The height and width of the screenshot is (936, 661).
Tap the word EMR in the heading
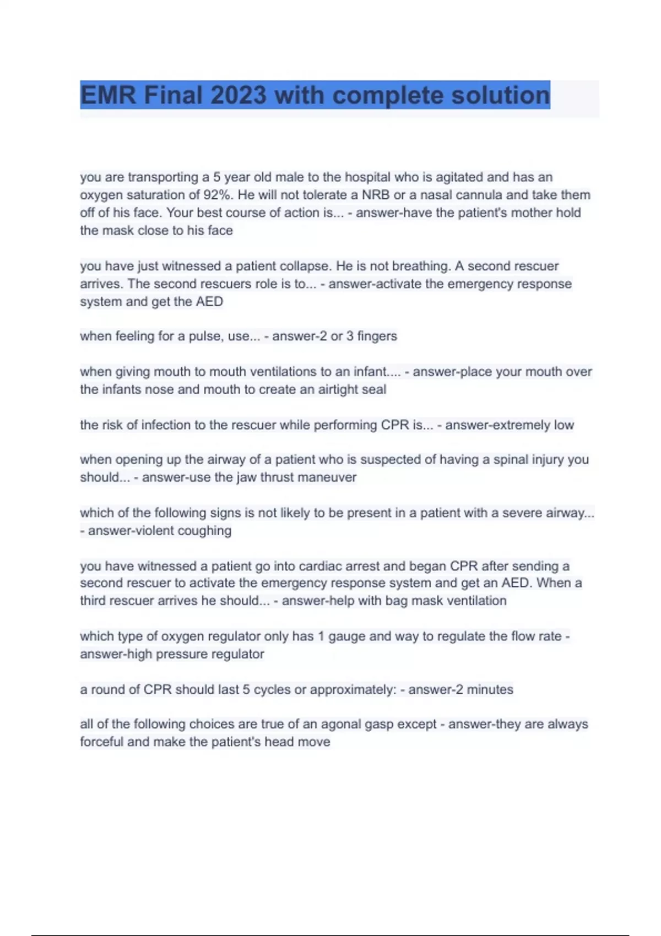pyautogui.click(x=108, y=95)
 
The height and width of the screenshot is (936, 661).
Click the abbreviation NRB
pyautogui.click(x=375, y=195)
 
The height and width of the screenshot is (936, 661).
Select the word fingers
pyautogui.click(x=377, y=336)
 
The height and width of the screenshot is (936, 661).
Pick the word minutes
pyautogui.click(x=490, y=689)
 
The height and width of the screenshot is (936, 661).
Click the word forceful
pyautogui.click(x=102, y=742)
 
